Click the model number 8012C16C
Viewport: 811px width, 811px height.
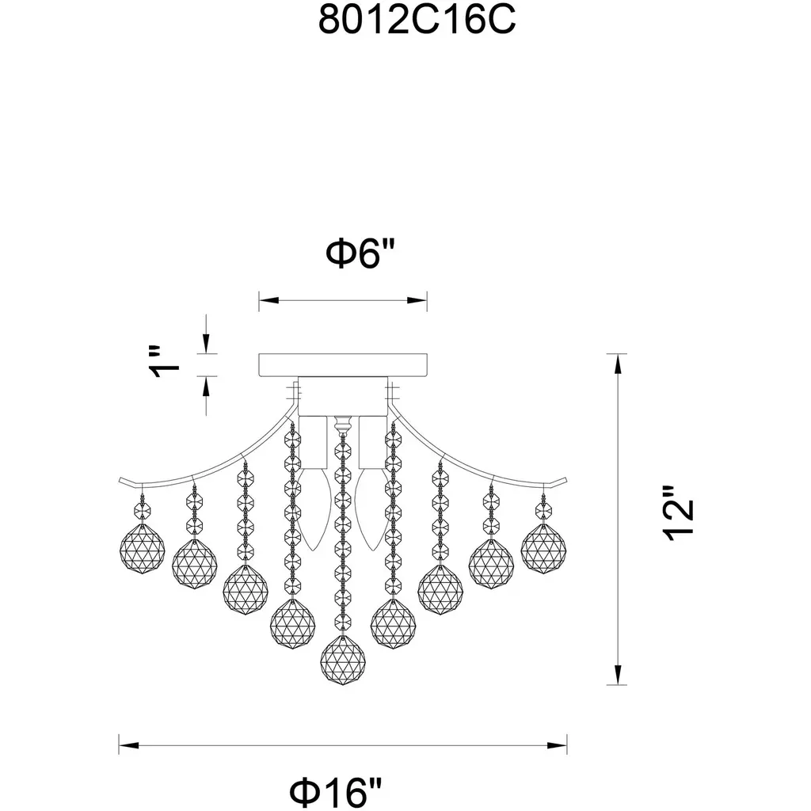tap(417, 21)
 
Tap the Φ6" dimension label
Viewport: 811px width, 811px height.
tap(360, 253)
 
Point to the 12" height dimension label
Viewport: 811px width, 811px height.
tap(678, 513)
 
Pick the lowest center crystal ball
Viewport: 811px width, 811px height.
tap(342, 660)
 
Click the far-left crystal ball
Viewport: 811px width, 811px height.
tap(143, 548)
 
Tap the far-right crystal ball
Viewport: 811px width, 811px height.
tap(543, 548)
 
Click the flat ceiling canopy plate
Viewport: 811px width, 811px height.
tap(343, 364)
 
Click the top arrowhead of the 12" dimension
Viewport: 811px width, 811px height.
tap(617, 364)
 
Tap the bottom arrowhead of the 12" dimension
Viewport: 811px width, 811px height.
tap(617, 675)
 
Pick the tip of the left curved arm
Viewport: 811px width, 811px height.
tap(120, 480)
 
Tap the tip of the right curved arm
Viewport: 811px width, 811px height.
tap(567, 480)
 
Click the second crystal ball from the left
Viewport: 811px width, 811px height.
tap(195, 564)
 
